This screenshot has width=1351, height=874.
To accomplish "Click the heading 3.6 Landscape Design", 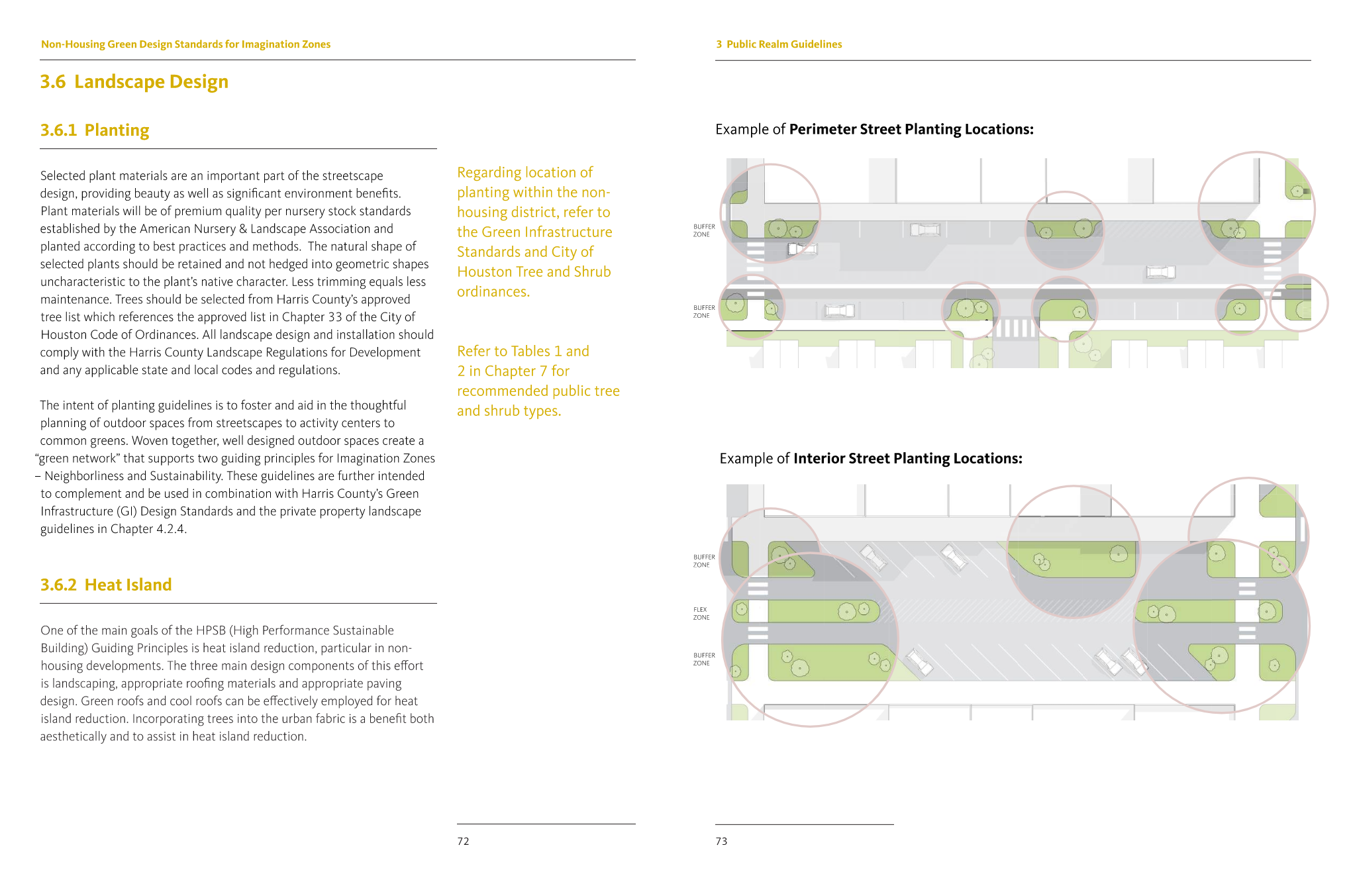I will tap(134, 81).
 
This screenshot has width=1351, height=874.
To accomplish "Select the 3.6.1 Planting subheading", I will tap(95, 130).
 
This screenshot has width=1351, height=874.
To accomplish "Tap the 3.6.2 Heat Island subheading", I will tap(106, 585).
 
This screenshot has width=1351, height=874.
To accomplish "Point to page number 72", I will tap(463, 841).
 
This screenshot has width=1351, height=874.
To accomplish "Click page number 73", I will tap(721, 841).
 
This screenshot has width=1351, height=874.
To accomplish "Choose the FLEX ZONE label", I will tap(701, 613).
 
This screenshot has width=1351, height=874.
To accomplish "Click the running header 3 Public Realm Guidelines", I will tap(779, 44).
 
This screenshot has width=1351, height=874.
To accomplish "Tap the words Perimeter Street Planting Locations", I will tap(911, 129).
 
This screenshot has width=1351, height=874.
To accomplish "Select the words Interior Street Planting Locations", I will tap(907, 458).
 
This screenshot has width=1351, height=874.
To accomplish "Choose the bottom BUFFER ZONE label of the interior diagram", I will tap(704, 659).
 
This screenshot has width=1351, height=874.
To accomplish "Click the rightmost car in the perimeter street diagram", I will tap(1160, 271).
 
